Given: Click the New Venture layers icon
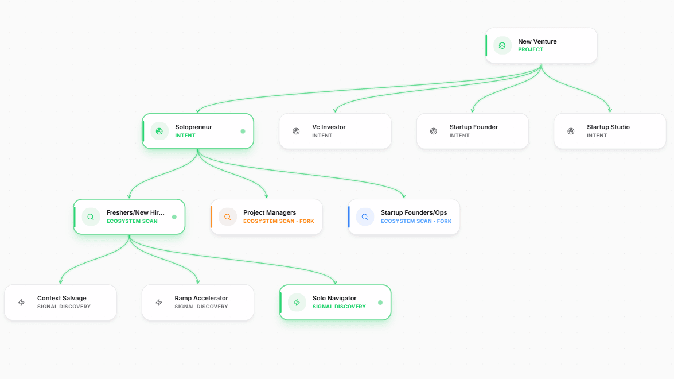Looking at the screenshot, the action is (502, 45).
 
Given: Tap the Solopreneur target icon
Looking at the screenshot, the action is (159, 131).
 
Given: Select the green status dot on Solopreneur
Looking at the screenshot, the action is (243, 131).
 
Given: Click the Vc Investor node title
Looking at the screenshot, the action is (329, 127).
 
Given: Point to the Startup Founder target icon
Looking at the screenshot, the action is (433, 131).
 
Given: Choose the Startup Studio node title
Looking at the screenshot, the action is (608, 127).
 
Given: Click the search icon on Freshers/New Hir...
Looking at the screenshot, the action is (91, 217).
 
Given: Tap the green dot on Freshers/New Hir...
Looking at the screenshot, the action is (174, 217).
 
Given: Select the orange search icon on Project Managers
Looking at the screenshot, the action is (227, 217).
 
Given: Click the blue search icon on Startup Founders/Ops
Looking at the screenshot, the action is (364, 217).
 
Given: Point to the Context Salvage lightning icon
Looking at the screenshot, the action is (21, 303).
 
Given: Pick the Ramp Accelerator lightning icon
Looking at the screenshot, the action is (159, 303).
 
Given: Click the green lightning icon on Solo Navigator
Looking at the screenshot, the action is (297, 303).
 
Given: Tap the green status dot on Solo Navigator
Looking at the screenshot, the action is (380, 303).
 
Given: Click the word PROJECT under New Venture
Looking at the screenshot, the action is (531, 49).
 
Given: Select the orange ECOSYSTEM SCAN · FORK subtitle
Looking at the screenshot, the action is (279, 221).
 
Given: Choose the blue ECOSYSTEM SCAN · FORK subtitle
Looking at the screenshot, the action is (416, 221).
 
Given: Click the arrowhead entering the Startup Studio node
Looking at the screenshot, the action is (610, 111).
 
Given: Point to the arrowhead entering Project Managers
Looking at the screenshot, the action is (267, 196).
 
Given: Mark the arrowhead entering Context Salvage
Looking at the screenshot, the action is (61, 282).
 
